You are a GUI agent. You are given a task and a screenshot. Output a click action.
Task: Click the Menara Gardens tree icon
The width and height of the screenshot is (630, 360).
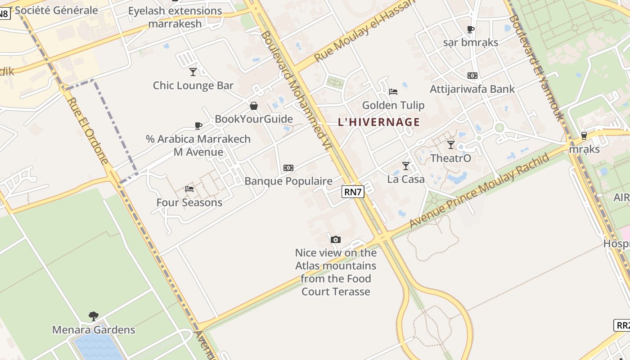tap(94, 316)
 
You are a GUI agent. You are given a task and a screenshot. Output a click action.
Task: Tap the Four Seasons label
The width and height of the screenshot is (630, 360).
tap(189, 202)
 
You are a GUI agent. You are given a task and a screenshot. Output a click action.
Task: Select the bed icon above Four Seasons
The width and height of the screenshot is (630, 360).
tap(189, 189)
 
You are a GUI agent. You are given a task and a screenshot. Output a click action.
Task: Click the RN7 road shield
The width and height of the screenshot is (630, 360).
tap(353, 192)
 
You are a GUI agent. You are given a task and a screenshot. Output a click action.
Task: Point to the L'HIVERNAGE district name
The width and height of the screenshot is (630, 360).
tap(379, 122)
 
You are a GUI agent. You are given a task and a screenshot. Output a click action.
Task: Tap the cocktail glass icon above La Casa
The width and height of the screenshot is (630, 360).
tap(406, 166)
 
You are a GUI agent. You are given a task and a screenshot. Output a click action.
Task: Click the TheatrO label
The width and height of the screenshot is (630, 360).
tap(450, 158)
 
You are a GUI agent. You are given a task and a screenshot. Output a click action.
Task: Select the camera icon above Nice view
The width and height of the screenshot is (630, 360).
tap(336, 239)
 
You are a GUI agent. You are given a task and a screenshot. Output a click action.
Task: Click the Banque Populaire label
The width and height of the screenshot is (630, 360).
tap(288, 181)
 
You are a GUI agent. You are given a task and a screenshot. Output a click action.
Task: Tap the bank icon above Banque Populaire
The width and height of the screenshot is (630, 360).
tap(288, 168)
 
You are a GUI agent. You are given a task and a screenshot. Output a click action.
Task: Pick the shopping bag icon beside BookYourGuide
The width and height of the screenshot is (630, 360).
tap(254, 106)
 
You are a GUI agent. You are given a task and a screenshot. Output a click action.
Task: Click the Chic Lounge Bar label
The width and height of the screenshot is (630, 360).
tap(193, 85)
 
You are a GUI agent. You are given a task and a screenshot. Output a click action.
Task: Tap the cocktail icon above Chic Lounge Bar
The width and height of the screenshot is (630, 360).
tap(193, 72)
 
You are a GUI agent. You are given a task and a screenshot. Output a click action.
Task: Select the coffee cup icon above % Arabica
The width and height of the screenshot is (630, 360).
tap(198, 126)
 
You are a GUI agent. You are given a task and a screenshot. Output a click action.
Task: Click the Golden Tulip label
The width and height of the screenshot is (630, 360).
tap(393, 105)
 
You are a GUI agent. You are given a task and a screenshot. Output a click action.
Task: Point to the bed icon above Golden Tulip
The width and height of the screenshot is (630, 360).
tap(393, 92)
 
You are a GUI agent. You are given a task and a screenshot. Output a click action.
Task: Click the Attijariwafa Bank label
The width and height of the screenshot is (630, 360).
tap(472, 89)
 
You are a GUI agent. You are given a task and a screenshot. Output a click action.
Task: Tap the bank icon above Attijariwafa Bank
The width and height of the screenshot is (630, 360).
tap(472, 76)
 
